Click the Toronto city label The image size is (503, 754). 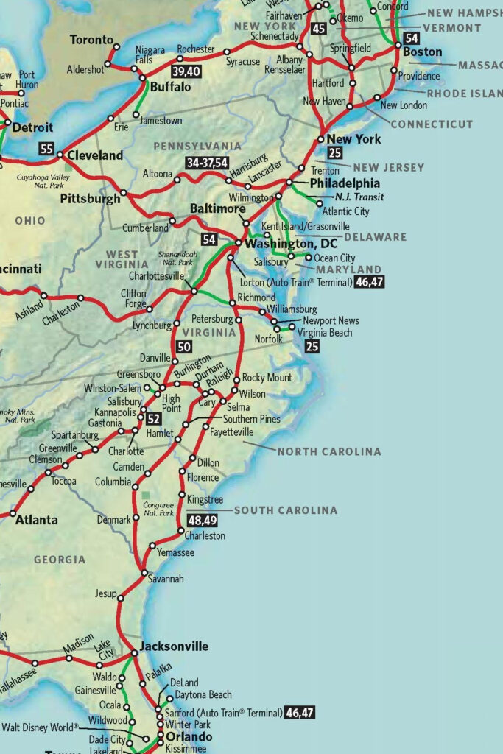click(92, 40)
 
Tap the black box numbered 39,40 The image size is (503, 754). click(186, 71)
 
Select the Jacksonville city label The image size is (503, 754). click(175, 646)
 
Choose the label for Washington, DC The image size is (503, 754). click(291, 244)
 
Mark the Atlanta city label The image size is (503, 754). click(37, 520)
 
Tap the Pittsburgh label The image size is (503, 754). click(90, 199)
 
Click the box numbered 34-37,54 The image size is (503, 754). click(207, 163)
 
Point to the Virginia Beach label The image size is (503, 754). click(325, 333)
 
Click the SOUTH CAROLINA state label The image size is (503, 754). click(286, 510)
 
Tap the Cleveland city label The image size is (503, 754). click(95, 155)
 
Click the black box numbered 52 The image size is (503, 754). click(153, 419)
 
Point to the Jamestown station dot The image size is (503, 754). click(137, 115)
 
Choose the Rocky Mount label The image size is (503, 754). click(267, 378)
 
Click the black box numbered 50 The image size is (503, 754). click(184, 347)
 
